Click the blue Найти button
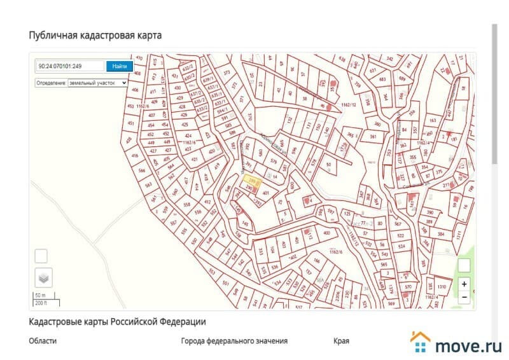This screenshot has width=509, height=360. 120,66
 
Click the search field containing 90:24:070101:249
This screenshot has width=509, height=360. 70,66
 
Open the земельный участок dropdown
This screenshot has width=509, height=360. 81,83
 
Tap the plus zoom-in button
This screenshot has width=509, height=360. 464,284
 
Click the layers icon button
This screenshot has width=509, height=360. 43,278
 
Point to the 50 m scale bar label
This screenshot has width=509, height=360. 39,296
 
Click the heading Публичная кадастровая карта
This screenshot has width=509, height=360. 95,35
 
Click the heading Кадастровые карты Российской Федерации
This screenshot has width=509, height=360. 117,322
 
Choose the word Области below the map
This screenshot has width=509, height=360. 43,341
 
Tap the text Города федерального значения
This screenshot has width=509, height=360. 234,341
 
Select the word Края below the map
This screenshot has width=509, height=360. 341,341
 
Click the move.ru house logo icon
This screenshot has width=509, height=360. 421,342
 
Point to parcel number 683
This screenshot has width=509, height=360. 382,80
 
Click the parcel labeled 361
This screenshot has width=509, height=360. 373,137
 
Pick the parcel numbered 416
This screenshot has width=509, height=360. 135,156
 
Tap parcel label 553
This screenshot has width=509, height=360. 211,270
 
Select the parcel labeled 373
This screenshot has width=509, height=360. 227,73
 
